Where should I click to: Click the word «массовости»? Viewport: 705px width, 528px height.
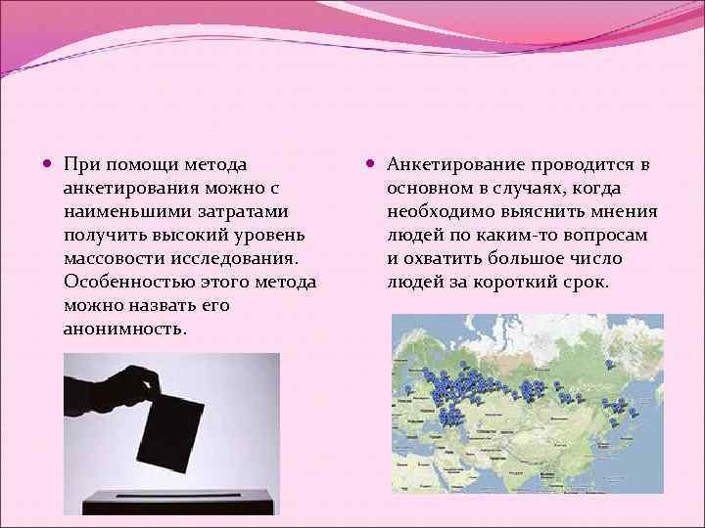[115, 258]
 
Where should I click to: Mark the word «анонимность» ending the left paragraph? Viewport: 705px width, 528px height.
[122, 329]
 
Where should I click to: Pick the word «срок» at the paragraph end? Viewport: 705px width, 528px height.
[585, 282]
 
